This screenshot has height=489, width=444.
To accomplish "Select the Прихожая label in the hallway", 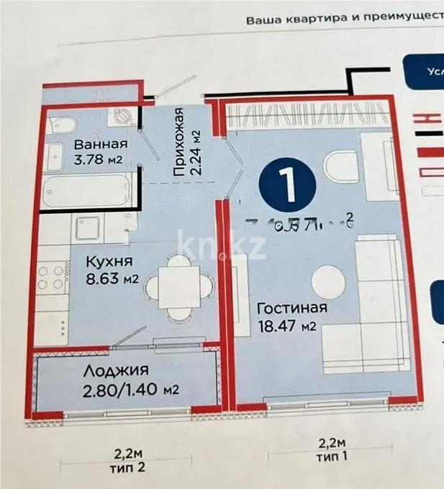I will (x=180, y=141).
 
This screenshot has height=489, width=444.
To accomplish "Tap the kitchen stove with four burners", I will (x=51, y=278).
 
